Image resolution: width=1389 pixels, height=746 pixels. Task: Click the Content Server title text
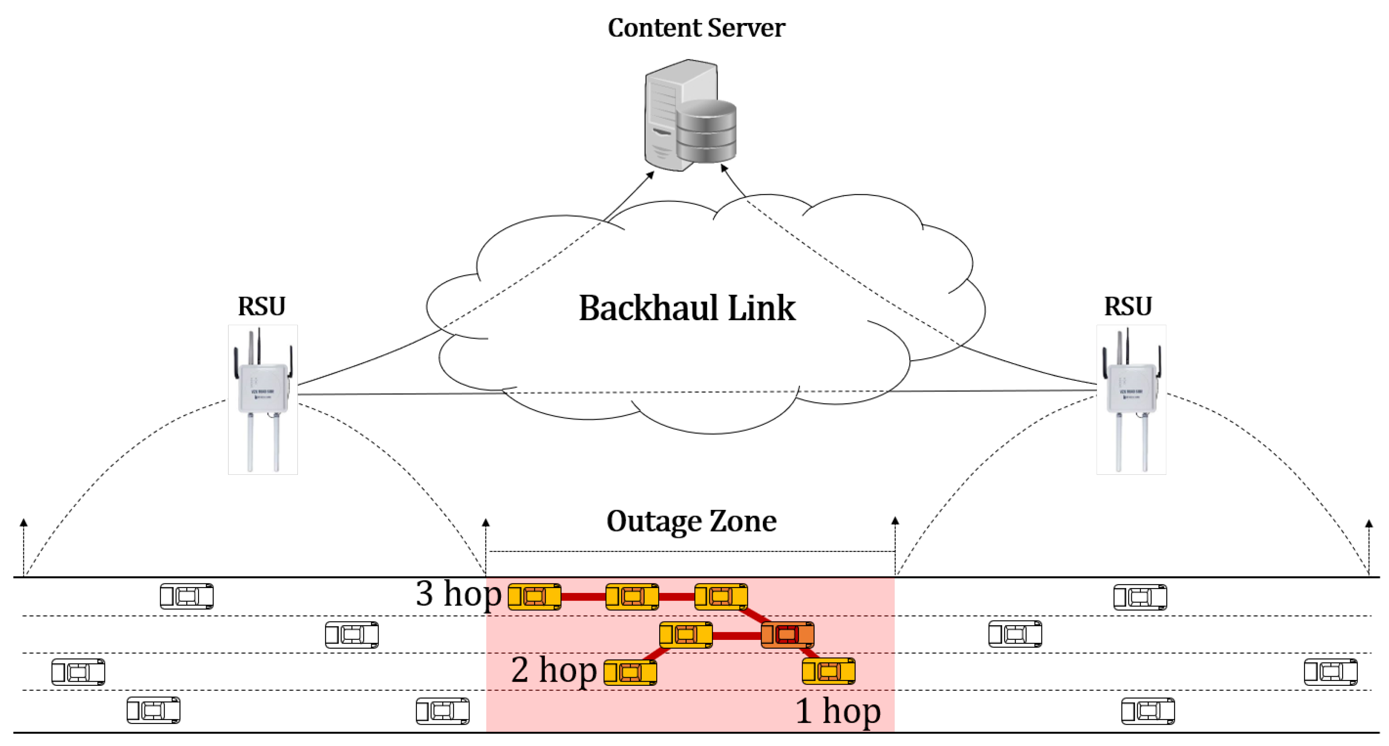coord(696,28)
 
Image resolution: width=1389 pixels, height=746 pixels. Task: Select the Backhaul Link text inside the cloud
coord(686,308)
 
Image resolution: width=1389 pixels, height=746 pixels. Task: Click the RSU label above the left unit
coord(262,306)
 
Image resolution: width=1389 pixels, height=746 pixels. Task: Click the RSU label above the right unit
coord(1127,306)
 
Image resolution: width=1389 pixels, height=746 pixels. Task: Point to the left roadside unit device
coord(263,399)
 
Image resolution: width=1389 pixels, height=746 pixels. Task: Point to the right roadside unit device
coord(1131,399)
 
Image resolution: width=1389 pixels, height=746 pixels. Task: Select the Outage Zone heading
coord(691,521)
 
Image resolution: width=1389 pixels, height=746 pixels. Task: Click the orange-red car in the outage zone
coord(787,634)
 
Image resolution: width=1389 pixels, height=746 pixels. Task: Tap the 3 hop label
coord(458,593)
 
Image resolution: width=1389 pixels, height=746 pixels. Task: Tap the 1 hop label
coord(838,710)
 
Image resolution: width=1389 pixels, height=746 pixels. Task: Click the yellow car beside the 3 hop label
coord(534,596)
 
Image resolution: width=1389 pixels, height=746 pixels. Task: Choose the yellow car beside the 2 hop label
coord(630,672)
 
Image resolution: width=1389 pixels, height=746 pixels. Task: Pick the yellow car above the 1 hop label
coord(828,671)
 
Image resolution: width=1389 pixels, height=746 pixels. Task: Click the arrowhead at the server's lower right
coord(724,168)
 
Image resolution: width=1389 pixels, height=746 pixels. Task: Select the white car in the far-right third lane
coord(1330,672)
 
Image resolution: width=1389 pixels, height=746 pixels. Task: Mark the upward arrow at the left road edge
coord(24,523)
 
